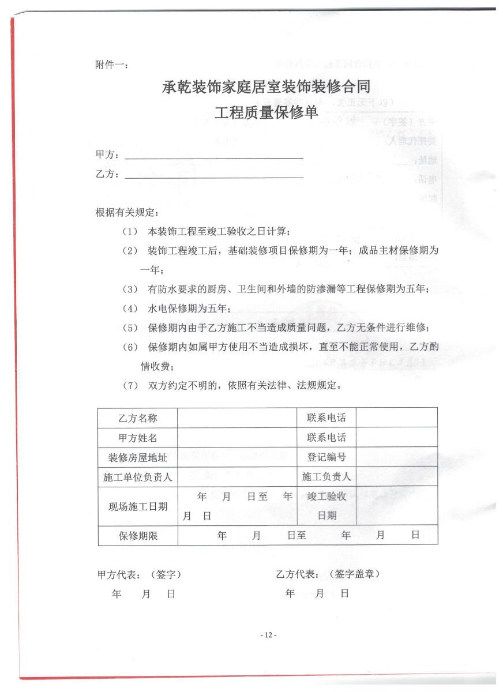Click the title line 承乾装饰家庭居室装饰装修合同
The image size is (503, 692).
(x=266, y=88)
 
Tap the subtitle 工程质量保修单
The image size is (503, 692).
(x=266, y=112)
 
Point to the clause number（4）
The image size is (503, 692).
(x=130, y=309)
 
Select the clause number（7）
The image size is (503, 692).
(x=130, y=385)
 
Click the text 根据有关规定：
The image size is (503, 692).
(x=125, y=212)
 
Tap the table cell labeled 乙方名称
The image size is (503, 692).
(x=138, y=418)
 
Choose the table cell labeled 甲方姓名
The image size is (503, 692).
(x=138, y=438)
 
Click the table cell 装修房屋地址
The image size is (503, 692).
(x=138, y=457)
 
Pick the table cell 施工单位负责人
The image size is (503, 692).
(x=138, y=477)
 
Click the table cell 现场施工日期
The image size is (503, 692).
(x=138, y=506)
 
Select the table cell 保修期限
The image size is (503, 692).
(x=138, y=535)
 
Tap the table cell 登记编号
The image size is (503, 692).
(x=326, y=457)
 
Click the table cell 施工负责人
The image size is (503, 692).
(x=326, y=477)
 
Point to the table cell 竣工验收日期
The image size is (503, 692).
(x=326, y=506)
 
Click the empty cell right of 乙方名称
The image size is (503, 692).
(x=238, y=418)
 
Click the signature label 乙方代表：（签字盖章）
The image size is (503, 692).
(x=328, y=574)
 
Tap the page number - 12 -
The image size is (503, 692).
(x=268, y=635)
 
